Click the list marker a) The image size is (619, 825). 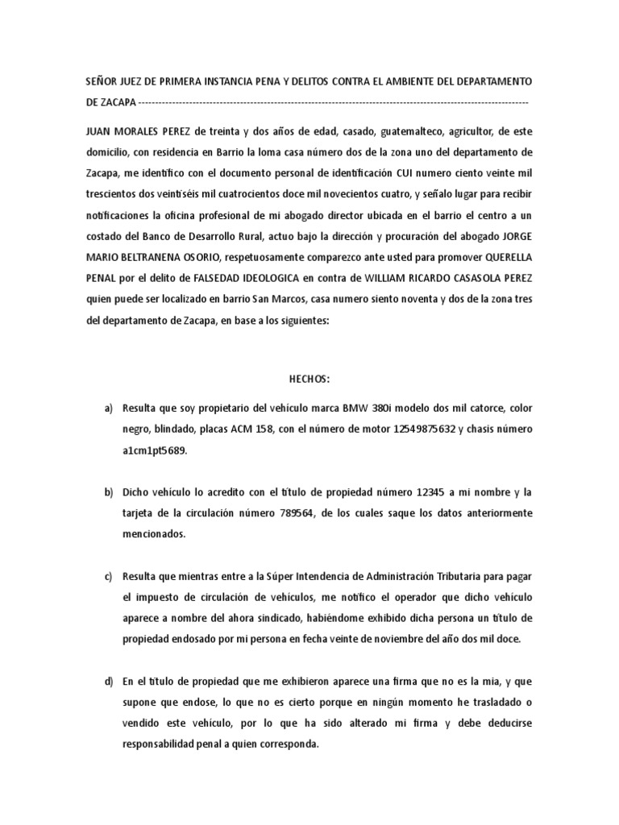click(109, 409)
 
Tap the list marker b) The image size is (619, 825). click(109, 492)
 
